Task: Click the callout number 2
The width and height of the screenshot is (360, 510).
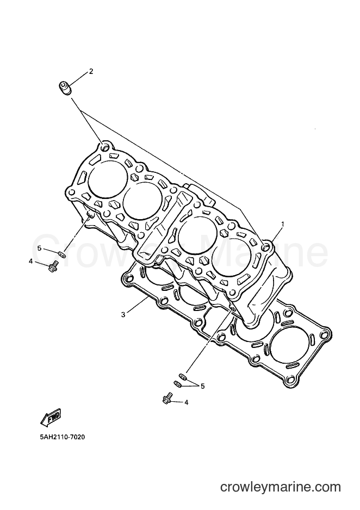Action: pyautogui.click(x=91, y=72)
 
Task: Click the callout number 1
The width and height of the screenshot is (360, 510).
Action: pyautogui.click(x=283, y=224)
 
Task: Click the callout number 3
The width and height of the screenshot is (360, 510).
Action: pyautogui.click(x=123, y=314)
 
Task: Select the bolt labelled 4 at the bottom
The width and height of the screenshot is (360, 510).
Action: pyautogui.click(x=167, y=399)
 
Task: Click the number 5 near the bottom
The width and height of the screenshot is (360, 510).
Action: pyautogui.click(x=203, y=386)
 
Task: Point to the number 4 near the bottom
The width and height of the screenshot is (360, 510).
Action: pyautogui.click(x=187, y=402)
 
